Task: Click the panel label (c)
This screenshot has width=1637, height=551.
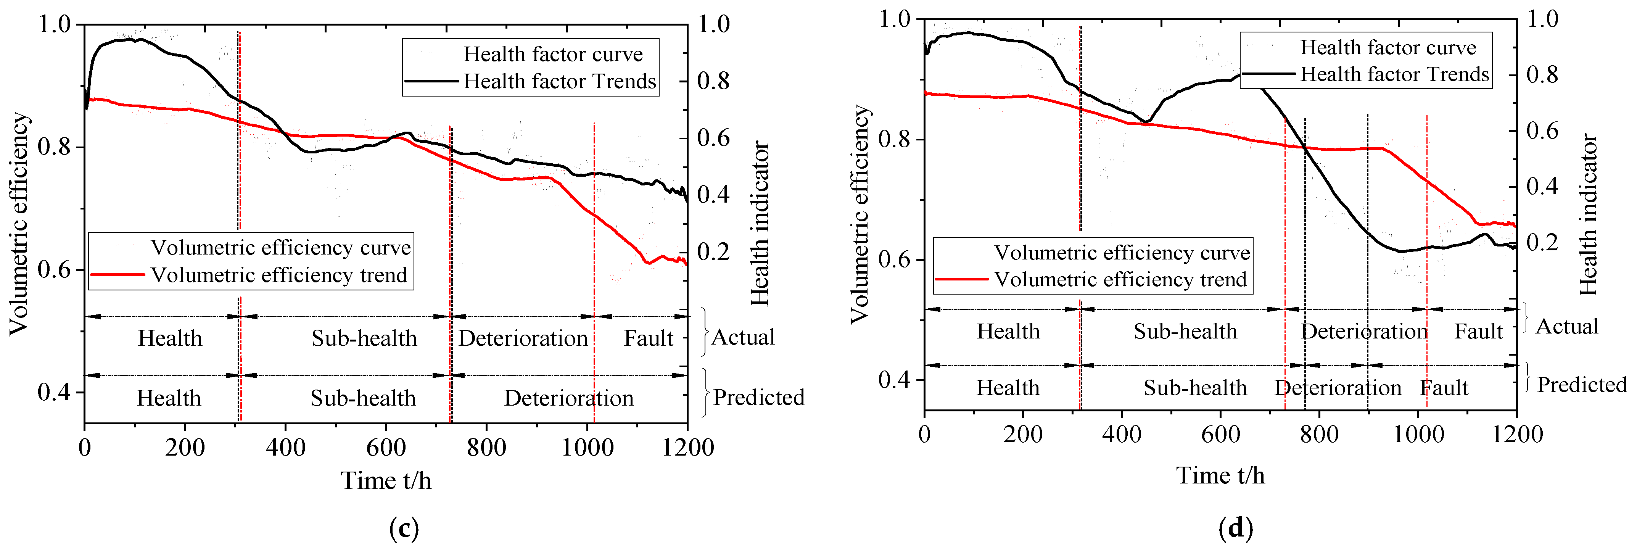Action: [x=404, y=527]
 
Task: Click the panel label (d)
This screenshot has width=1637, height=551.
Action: [x=1235, y=527]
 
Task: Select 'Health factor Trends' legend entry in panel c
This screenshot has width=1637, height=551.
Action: [x=559, y=81]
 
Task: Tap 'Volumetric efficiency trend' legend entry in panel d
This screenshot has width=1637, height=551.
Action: [x=1120, y=280]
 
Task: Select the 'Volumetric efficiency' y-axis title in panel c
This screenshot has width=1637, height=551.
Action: [x=19, y=224]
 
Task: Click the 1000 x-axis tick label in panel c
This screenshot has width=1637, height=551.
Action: [x=587, y=448]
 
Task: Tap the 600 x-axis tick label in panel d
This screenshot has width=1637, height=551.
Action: [x=1220, y=435]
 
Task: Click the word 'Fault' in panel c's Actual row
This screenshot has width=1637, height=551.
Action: [x=648, y=338]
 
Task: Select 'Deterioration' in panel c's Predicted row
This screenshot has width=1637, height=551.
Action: [x=569, y=398]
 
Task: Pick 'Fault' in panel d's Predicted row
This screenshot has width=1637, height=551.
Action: [x=1444, y=388]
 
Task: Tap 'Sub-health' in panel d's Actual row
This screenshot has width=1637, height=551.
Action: [x=1185, y=331]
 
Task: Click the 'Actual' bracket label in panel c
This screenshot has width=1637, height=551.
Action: [x=743, y=337]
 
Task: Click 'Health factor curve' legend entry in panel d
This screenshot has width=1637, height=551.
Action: [x=1388, y=48]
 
